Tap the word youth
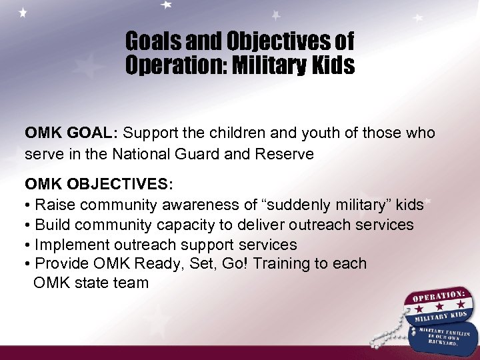click(x=323, y=133)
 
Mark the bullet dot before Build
click(x=28, y=225)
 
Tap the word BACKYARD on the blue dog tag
click(x=445, y=341)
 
